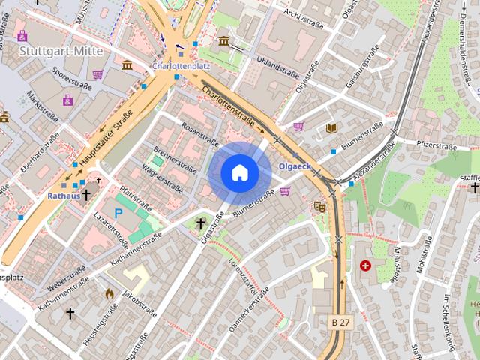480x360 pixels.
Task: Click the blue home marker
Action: click(x=240, y=173)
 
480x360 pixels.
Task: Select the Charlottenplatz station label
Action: click(x=181, y=66)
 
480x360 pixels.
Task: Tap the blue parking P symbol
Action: click(x=118, y=213)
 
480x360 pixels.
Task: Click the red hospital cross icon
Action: click(x=365, y=265)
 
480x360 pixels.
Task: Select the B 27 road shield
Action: click(x=340, y=322)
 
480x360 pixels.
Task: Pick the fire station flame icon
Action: click(x=109, y=293)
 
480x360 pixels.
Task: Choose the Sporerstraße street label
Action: click(x=72, y=81)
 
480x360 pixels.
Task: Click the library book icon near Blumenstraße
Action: click(x=331, y=128)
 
